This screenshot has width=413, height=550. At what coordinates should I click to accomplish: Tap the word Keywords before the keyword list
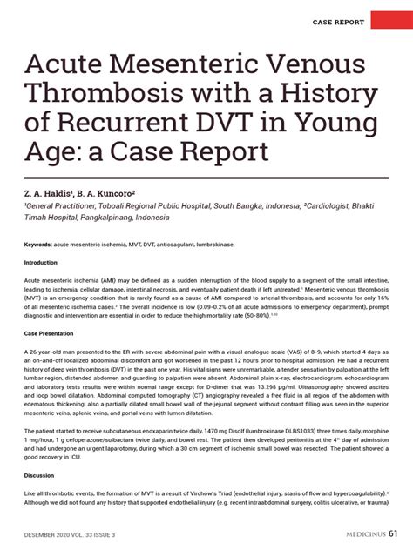coord(43,245)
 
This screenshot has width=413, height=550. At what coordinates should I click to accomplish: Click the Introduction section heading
coord(41,262)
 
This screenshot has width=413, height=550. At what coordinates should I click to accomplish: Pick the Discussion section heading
coord(39,476)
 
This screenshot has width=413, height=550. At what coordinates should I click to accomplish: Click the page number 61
coord(395,533)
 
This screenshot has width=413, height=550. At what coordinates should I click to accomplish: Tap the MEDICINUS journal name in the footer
coord(356,533)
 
